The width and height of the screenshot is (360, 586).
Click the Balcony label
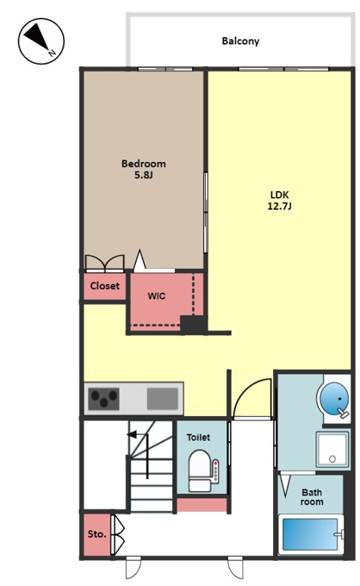[240, 41]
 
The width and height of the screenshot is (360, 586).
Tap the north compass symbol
[41, 41]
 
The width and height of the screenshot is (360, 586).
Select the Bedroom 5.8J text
[144, 169]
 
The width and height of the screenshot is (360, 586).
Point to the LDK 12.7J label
[279, 200]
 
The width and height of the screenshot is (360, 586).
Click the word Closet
[105, 286]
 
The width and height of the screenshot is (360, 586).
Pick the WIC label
[157, 296]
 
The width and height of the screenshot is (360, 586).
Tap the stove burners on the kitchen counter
[104, 399]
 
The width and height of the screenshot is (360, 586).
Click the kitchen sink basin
[163, 399]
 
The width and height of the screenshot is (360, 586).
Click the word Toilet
[198, 437]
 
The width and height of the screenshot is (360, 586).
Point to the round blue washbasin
[334, 398]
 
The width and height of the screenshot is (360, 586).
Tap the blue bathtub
[311, 534]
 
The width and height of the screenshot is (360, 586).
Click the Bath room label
[312, 497]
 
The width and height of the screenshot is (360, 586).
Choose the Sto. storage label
[96, 534]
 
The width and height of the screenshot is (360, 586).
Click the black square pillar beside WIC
[192, 324]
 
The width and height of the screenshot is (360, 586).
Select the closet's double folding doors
[104, 263]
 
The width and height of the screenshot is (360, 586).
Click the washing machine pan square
[332, 450]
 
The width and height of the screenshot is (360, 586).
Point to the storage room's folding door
[118, 535]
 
